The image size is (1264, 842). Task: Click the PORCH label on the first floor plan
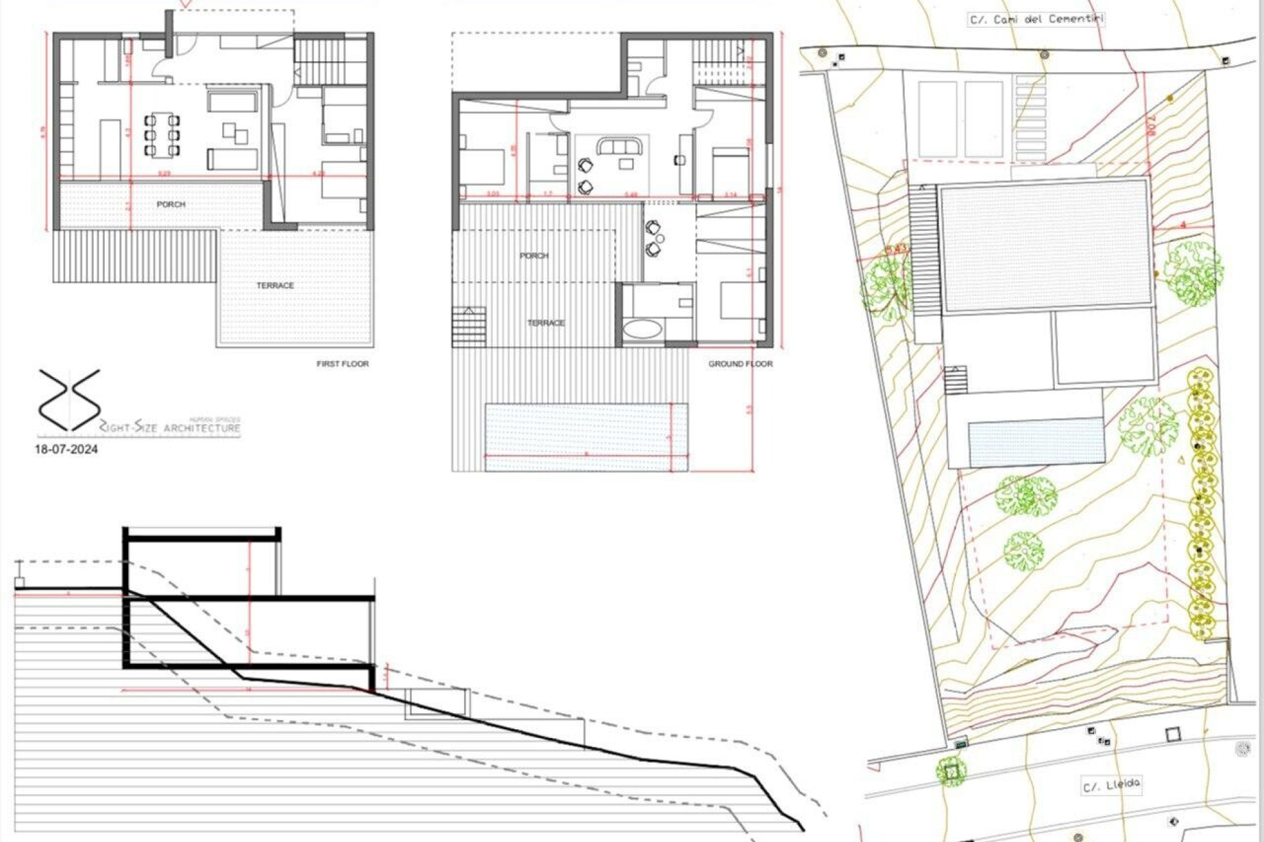click(x=170, y=204)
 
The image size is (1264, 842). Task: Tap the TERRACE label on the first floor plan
click(x=275, y=285)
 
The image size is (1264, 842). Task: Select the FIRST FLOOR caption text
click(x=342, y=364)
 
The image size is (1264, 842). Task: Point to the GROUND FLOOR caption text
click(x=740, y=364)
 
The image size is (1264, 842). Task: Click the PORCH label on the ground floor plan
click(x=534, y=255)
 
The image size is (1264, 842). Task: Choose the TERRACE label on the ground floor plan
click(x=546, y=323)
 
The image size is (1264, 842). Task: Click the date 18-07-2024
click(x=66, y=449)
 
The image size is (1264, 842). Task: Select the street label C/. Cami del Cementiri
click(x=1036, y=19)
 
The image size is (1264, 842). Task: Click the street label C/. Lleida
click(x=1111, y=785)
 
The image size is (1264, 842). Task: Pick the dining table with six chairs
click(x=162, y=135)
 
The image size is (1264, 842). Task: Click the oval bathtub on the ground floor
click(x=642, y=329)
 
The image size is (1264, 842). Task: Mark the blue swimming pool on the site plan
click(x=1037, y=441)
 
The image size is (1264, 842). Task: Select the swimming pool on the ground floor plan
click(x=585, y=437)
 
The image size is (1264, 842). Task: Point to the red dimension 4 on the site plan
click(x=1182, y=225)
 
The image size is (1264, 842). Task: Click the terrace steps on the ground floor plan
click(x=469, y=326)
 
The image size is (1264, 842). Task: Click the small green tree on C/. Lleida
click(x=951, y=771)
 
